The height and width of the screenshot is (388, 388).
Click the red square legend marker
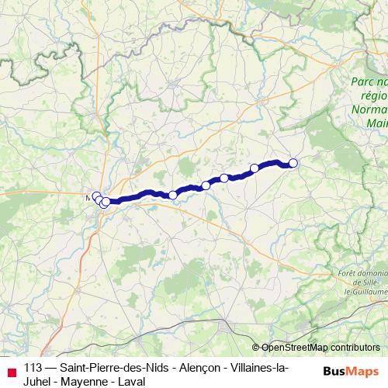pyautogui.click(x=12, y=372)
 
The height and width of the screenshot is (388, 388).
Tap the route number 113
pyautogui.click(x=33, y=368)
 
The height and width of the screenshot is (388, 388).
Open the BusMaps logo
pyautogui.click(x=350, y=372)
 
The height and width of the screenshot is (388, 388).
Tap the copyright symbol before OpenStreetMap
pyautogui.click(x=256, y=348)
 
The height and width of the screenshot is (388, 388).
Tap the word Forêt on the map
pyautogui.click(x=352, y=273)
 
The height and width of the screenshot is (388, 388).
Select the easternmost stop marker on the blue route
pyautogui.click(x=293, y=162)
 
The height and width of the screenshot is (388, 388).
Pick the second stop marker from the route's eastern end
pyautogui.click(x=254, y=168)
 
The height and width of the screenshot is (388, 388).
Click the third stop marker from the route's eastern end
pyautogui.click(x=224, y=178)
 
